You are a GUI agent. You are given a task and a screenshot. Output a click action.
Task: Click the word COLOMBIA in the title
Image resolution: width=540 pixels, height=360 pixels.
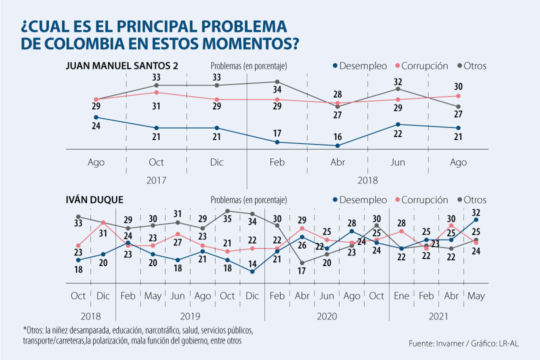(85, 43)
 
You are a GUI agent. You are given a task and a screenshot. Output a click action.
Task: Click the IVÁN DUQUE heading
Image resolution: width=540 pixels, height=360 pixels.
(94, 200)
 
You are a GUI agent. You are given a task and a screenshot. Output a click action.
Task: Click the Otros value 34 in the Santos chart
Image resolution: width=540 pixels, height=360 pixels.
(277, 90)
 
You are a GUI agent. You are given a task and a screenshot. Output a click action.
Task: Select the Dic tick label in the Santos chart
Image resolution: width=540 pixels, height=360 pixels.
(216, 162)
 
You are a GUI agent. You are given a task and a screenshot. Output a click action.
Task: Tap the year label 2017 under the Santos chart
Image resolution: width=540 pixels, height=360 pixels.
(156, 180)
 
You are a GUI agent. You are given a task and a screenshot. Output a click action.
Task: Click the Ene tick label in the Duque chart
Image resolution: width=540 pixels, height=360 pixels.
(401, 296)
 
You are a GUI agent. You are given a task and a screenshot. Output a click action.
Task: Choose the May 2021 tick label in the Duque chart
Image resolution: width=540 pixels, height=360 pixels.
(476, 296)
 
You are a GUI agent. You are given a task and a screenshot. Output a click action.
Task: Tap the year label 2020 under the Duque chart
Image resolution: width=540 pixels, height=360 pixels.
(327, 316)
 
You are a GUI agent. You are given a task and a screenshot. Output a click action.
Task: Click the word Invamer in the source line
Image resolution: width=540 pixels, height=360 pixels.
(449, 343)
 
